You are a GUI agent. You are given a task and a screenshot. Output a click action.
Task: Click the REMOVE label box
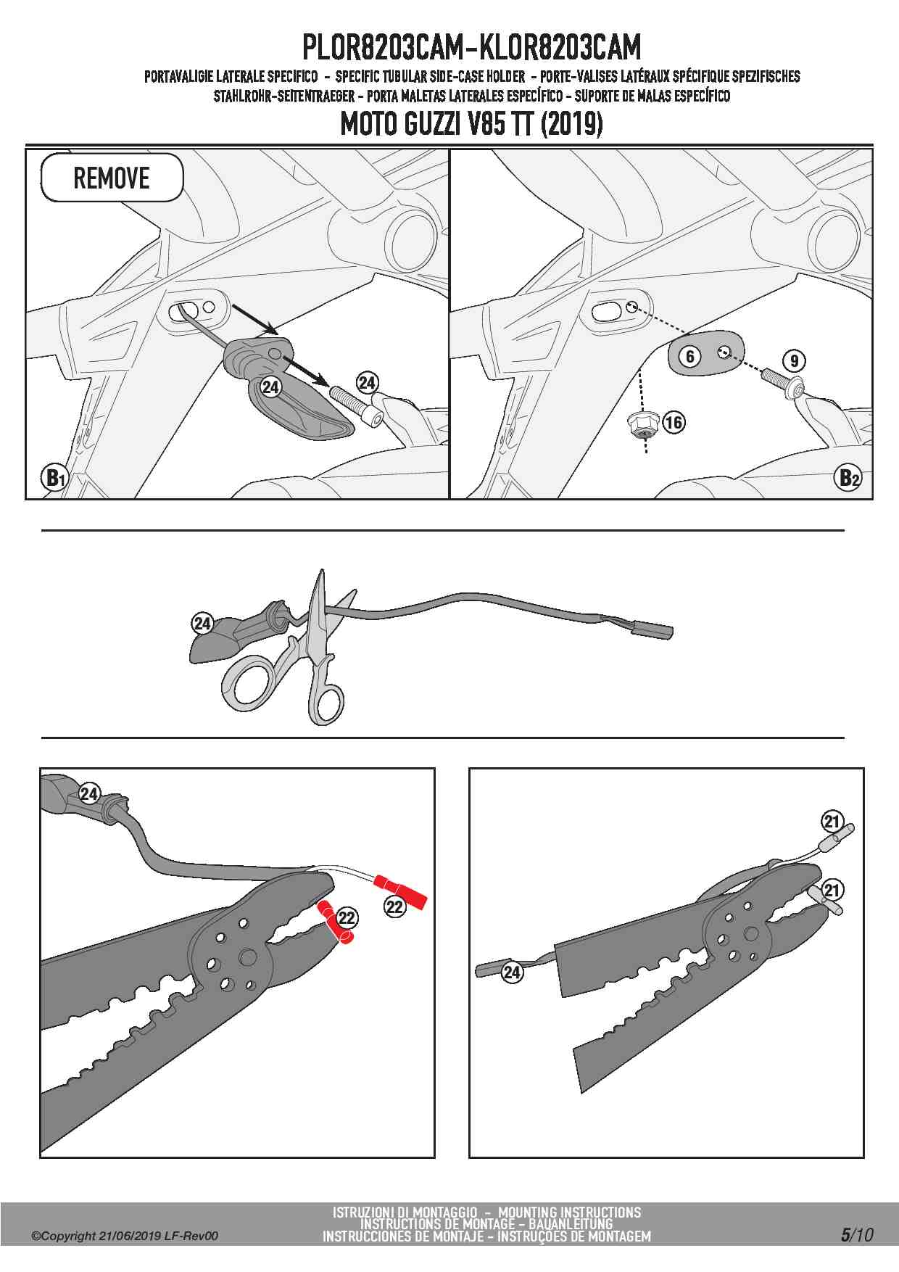(112, 178)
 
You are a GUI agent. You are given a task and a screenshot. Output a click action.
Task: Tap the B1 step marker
(55, 478)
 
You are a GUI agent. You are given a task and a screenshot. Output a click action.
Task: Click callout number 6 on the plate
(690, 356)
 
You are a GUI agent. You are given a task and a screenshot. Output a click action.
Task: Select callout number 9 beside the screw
(794, 360)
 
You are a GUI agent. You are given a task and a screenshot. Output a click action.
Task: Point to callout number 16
(674, 422)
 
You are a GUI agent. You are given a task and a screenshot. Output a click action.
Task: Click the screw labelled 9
(780, 382)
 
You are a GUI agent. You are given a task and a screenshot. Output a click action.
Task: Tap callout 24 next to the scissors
(202, 623)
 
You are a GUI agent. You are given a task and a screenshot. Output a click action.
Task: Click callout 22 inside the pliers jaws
(347, 918)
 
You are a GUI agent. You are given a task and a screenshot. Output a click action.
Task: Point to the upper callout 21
(832, 822)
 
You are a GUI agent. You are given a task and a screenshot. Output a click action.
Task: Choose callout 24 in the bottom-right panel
(512, 972)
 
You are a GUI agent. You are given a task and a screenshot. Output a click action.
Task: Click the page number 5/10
(857, 1234)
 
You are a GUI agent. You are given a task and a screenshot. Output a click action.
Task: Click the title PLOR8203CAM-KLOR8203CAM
(471, 48)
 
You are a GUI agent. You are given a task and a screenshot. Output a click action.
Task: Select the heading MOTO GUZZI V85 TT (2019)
(471, 124)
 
